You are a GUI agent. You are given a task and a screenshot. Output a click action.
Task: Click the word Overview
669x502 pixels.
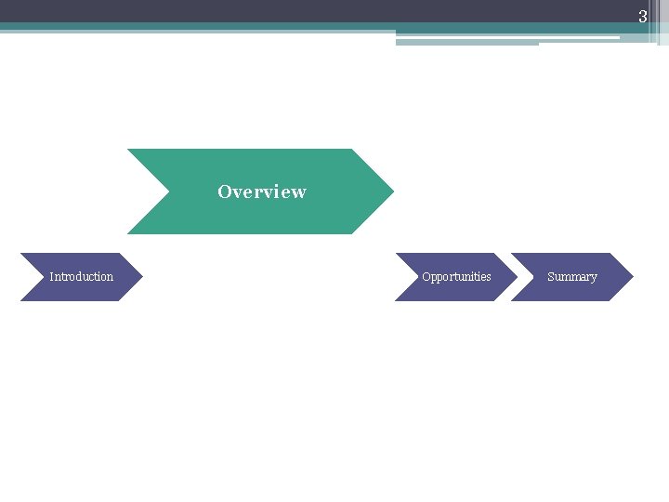point(261,192)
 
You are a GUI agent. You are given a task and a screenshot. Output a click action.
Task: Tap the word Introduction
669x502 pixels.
point(81,277)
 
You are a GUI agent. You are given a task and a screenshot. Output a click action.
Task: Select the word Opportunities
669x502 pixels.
point(456,277)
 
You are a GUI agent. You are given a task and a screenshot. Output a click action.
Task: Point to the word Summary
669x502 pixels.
point(572,277)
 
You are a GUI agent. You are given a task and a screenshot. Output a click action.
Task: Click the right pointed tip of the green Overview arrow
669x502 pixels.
point(392,192)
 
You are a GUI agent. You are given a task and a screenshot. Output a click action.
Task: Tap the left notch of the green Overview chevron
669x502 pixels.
point(170,192)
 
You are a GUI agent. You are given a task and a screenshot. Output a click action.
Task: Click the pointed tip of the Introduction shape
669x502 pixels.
point(141,277)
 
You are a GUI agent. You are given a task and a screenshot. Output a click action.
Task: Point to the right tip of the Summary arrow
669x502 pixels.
point(632,277)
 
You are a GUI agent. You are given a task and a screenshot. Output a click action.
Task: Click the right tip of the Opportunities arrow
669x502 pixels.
point(516,277)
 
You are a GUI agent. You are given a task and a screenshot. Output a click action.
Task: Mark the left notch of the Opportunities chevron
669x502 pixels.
point(416,277)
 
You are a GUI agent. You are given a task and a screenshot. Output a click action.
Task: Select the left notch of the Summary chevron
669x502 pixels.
point(532,277)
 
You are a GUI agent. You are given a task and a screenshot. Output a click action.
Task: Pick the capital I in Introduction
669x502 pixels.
point(51,277)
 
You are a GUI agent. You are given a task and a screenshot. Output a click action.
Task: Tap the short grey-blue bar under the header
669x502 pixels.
point(466,43)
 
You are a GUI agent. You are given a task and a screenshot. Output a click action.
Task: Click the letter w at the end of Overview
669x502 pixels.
point(298,192)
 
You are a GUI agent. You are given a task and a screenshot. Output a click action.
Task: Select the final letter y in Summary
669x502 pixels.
point(594,278)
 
